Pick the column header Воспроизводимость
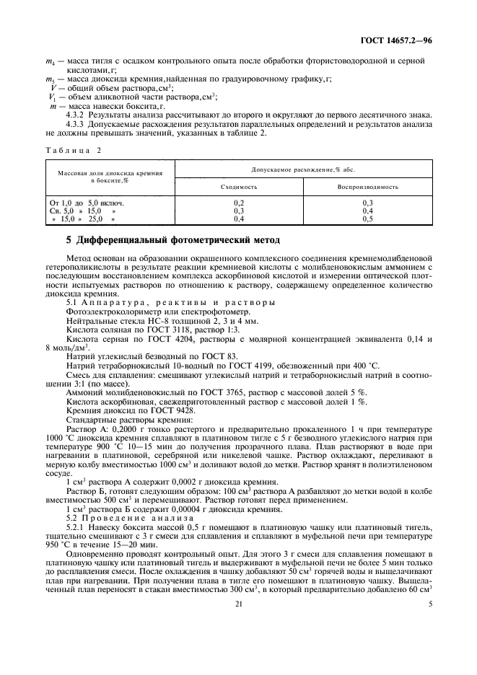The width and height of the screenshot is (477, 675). coord(367,186)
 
